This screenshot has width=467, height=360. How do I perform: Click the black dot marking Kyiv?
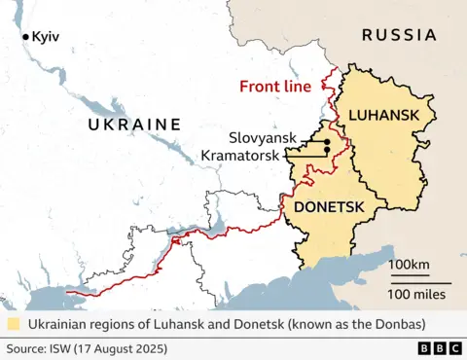point(26,37)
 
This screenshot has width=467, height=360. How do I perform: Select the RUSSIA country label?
point(399,35)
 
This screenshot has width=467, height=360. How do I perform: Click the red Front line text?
point(276,86)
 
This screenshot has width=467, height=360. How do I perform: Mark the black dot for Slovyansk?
point(328,143)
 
